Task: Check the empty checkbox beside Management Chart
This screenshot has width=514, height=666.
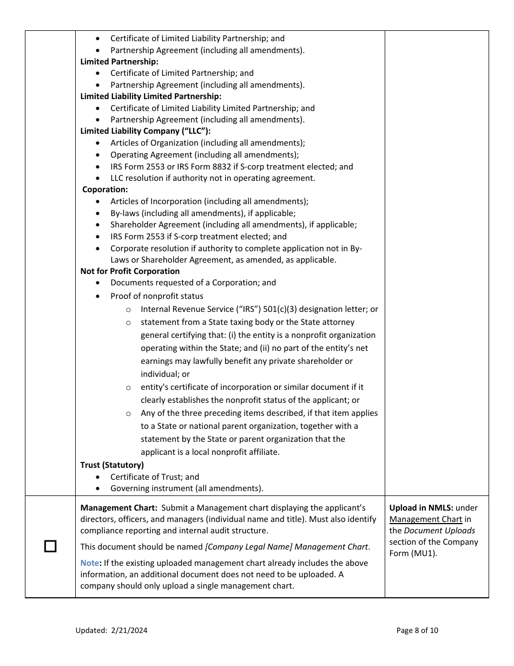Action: [50, 546]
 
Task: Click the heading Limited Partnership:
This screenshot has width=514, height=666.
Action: [119, 62]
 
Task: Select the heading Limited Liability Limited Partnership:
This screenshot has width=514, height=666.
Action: [151, 96]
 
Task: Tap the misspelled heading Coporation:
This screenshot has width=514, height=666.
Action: [105, 190]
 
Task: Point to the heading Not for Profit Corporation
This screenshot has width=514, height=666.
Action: [130, 271]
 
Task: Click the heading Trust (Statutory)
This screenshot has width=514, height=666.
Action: [112, 465]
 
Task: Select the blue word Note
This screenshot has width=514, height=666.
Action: [90, 563]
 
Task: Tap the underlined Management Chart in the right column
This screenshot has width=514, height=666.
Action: [426, 519]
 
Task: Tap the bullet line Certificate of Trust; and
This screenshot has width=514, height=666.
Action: [155, 476]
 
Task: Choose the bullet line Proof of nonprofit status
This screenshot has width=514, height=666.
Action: [157, 296]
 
